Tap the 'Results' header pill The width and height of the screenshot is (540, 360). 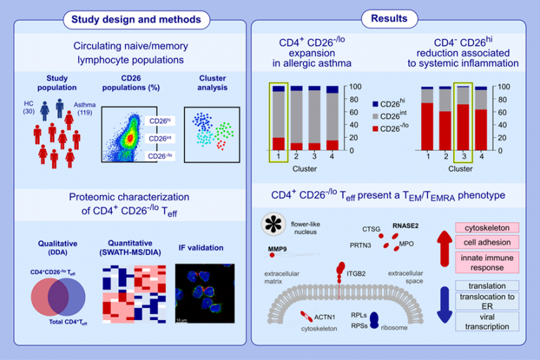coord(388,19)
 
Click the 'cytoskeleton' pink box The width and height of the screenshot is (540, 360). coord(487,228)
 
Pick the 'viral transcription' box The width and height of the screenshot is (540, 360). coord(487,321)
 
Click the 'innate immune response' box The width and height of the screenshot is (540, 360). coord(487,262)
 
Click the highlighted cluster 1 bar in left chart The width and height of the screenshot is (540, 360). coord(278,117)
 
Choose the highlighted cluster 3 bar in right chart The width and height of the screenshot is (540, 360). coord(462,117)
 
